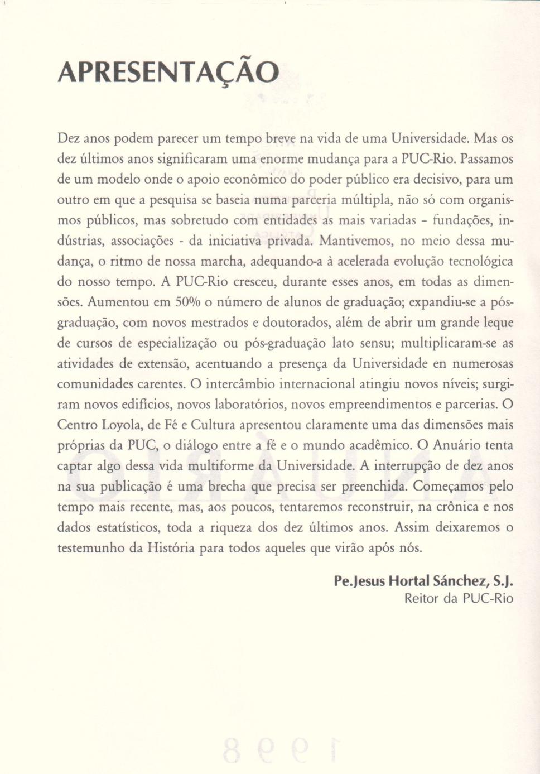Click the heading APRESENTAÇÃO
168,72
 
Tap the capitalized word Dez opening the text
69,138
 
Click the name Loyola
122,425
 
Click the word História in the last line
171,548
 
